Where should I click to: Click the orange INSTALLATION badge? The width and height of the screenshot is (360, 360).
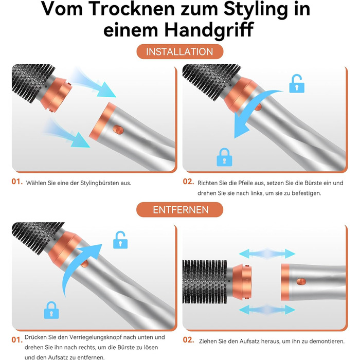pyautogui.click(x=179, y=52)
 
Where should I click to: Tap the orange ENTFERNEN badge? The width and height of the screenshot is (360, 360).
pyautogui.click(x=180, y=210)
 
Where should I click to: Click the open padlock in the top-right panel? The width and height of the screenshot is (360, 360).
pyautogui.click(x=297, y=83)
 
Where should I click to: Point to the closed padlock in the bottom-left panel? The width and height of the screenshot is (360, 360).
pyautogui.click(x=50, y=310)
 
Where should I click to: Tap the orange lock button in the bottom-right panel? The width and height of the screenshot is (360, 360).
pyautogui.click(x=301, y=281)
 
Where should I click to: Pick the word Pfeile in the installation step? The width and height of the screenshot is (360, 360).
pyautogui.click(x=249, y=183)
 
